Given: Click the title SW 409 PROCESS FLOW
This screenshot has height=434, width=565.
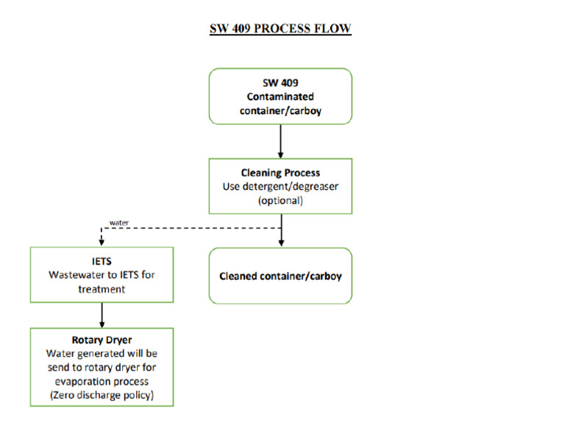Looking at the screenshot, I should (x=280, y=29).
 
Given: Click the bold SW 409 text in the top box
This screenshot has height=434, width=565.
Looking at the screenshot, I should (x=280, y=83).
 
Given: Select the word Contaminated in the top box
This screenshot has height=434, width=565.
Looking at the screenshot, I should (x=280, y=97).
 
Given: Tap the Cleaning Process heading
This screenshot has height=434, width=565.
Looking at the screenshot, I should (x=280, y=173).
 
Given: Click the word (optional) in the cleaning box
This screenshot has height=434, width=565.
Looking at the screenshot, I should (x=280, y=200).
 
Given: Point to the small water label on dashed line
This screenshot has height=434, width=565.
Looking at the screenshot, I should (x=118, y=221).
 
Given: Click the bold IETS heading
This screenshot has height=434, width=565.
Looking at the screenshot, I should (x=102, y=261).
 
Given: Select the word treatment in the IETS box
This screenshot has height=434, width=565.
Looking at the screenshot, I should (x=102, y=289).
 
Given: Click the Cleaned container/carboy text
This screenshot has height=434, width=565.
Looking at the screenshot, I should (x=280, y=277).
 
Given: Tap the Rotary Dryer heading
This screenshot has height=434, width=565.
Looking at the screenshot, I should (x=102, y=341).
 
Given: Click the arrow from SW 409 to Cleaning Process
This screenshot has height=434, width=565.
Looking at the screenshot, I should (x=280, y=140).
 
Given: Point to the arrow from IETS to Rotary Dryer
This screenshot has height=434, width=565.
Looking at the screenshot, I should (x=102, y=315).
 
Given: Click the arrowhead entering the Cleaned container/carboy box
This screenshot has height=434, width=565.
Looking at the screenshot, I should (x=280, y=243).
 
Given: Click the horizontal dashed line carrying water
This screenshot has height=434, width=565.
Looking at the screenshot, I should (x=191, y=227).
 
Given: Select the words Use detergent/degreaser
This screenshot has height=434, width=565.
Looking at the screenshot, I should (x=280, y=186).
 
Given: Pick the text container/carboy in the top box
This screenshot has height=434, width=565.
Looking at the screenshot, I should (x=280, y=111).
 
